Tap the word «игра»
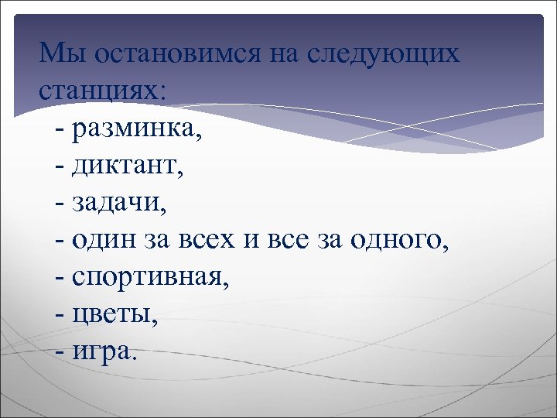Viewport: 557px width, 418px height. tap(104, 352)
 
